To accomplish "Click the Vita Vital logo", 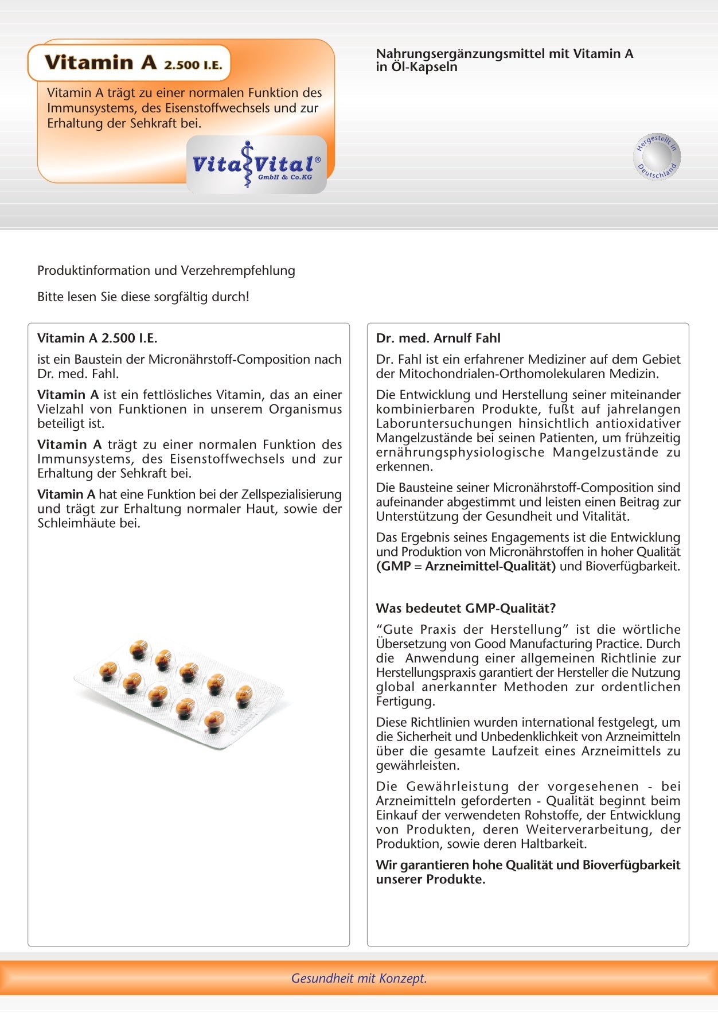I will (x=256, y=165).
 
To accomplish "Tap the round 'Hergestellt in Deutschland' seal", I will (x=658, y=156).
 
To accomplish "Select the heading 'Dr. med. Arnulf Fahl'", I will (x=438, y=338).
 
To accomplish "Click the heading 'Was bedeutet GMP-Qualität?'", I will (x=466, y=608).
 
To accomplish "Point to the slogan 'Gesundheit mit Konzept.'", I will (x=359, y=978).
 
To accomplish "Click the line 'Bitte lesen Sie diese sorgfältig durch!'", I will (x=143, y=297).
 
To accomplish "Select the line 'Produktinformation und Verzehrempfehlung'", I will (x=166, y=271).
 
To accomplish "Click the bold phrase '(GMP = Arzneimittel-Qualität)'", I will (x=466, y=567).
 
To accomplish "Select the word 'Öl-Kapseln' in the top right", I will (x=424, y=67).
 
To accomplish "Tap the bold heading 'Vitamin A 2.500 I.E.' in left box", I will (x=97, y=338).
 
